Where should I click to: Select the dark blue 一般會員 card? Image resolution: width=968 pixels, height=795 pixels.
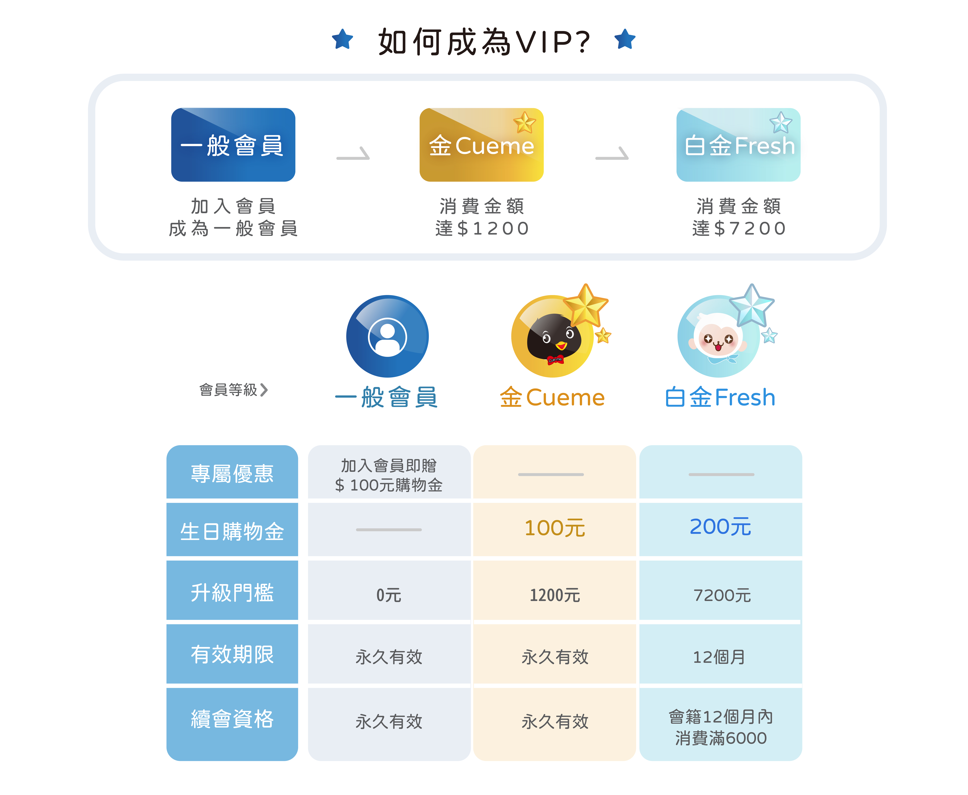(233, 145)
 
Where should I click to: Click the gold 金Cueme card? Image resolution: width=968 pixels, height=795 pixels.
(481, 145)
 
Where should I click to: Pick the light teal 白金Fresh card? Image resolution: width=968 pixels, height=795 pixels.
(738, 145)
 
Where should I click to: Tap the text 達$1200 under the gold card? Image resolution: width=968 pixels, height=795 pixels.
(482, 228)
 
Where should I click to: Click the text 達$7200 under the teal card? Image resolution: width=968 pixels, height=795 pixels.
(739, 228)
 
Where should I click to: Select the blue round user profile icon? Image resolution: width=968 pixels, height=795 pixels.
(387, 337)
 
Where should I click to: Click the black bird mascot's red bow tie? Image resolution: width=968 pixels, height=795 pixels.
(555, 359)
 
